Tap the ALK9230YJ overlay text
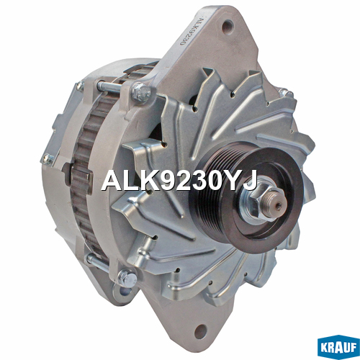tap(179, 180)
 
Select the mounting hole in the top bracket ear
tap(228, 26)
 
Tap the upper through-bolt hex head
tap(141, 92)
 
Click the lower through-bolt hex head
tap(127, 278)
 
